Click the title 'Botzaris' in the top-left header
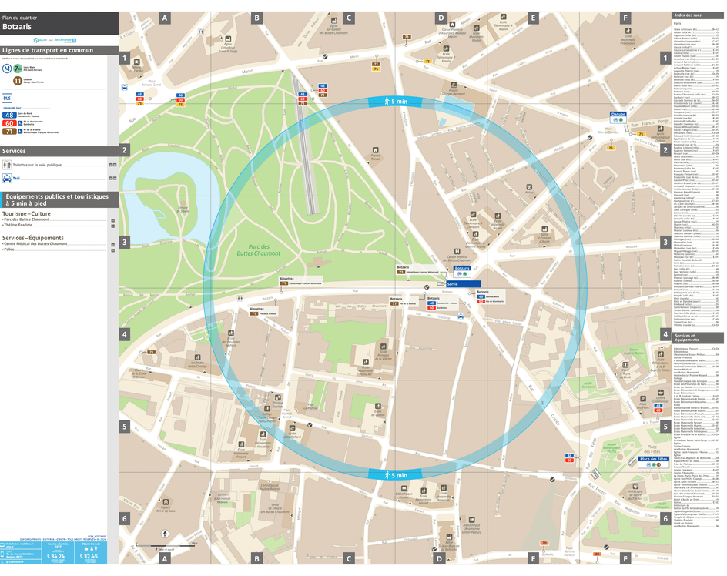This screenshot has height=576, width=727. (x=18, y=26)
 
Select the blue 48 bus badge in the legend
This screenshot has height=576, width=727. (x=10, y=115)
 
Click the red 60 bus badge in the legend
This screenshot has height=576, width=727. (x=10, y=123)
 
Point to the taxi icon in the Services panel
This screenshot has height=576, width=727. (x=7, y=178)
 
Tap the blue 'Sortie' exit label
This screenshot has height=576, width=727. (x=453, y=284)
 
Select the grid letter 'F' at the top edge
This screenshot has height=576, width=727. (x=625, y=17)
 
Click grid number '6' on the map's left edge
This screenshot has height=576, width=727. (x=124, y=518)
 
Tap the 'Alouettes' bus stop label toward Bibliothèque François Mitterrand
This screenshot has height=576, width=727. (x=287, y=279)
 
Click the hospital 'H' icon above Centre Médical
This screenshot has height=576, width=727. (x=457, y=252)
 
